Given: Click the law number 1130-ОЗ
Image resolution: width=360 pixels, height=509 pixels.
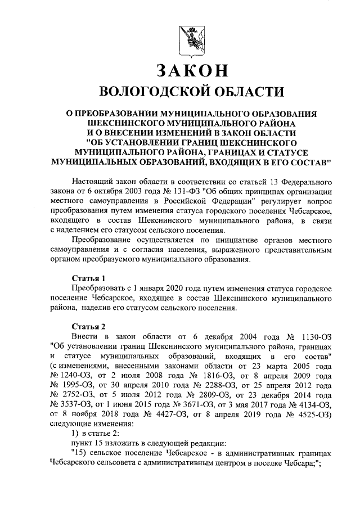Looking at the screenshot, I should [317, 337].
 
